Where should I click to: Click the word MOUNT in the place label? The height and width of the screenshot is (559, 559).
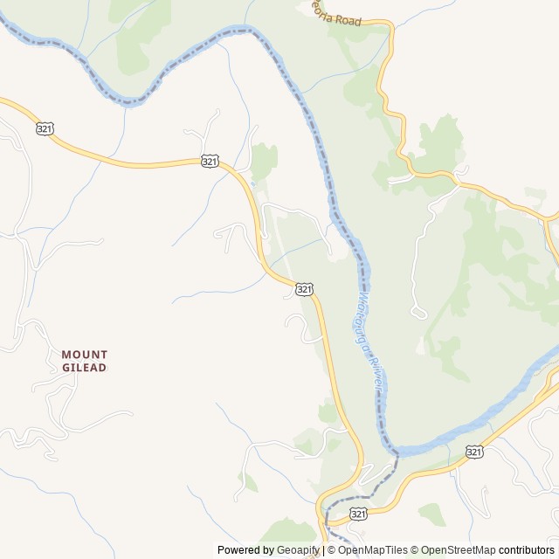pos(85,355)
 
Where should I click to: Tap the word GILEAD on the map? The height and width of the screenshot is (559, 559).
pos(85,368)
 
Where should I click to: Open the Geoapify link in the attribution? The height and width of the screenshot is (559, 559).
pos(299,550)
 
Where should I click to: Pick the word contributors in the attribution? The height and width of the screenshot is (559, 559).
pos(527,550)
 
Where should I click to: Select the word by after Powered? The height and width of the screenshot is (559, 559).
pos(267,550)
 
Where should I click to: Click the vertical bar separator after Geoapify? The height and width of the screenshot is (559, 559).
pos(323,550)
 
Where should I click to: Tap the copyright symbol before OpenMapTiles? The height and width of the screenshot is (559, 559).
pos(331,550)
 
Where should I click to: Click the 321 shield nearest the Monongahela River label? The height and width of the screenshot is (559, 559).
pos(304,288)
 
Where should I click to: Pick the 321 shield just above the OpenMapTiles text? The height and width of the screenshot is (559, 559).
pos(358,515)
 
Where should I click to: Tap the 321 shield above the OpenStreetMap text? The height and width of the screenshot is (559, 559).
pos(474,452)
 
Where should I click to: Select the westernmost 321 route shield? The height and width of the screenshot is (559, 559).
pos(45,128)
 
